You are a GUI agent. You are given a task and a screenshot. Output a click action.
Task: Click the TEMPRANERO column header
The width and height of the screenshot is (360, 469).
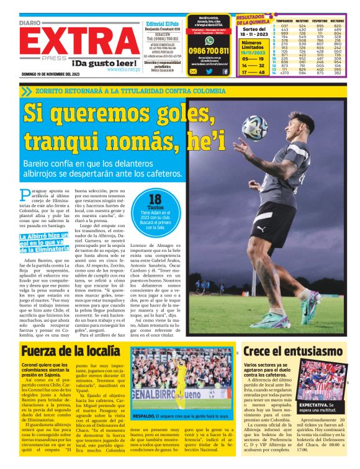(x=284, y=22)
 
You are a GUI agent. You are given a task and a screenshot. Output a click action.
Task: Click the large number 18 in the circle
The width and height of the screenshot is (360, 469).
(x=155, y=200)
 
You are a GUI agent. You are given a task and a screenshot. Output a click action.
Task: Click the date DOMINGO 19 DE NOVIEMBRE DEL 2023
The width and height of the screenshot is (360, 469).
(x=50, y=74)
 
